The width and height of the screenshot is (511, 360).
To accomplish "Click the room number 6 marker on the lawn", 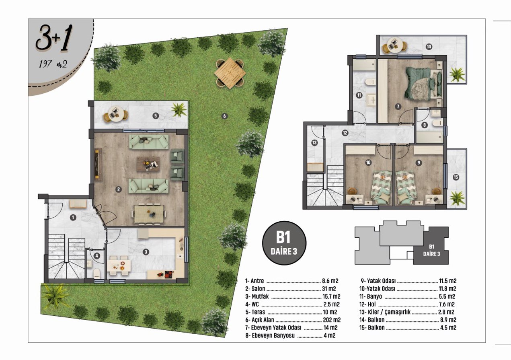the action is coord(224,116).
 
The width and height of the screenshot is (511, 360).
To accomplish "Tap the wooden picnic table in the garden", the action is coord(230,73).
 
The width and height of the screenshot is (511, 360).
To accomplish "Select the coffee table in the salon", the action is coord(148,164).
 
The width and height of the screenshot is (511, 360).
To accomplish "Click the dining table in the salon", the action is coord(149,214).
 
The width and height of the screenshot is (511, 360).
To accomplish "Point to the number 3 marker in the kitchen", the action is coord(146,252).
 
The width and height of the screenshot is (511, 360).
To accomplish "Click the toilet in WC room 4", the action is coord(97,273).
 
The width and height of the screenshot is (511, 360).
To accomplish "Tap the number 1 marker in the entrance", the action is coord(73,217).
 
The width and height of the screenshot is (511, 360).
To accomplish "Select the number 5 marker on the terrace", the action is coord(156,116).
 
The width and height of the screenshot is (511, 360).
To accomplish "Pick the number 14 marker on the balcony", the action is coord(429,47).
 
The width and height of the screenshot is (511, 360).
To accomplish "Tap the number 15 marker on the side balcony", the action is coord(456,177).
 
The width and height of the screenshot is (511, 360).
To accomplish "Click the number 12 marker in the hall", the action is coord(345,133).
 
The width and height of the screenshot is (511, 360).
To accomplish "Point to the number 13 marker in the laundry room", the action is coord(314,143).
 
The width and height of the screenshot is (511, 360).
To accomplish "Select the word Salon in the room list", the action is coord(258,289).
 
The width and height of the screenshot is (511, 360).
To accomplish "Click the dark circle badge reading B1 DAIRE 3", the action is coord(284,243).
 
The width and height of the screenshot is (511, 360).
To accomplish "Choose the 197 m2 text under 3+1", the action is coord(53,64).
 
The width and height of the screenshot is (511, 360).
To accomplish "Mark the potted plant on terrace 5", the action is coord(179,109).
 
